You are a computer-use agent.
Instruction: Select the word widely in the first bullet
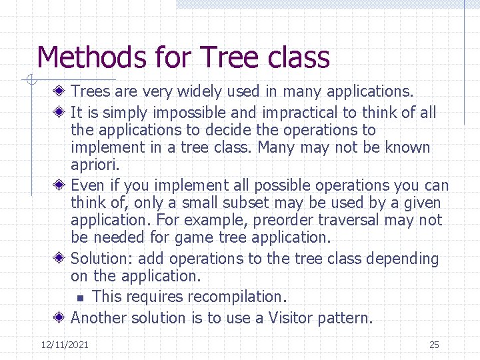point(190,91)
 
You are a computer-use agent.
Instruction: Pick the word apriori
point(95,165)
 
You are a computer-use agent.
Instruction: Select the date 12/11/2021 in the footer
point(65,345)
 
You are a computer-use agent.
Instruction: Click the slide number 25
point(434,345)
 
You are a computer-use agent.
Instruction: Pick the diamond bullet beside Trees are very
point(59,91)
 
